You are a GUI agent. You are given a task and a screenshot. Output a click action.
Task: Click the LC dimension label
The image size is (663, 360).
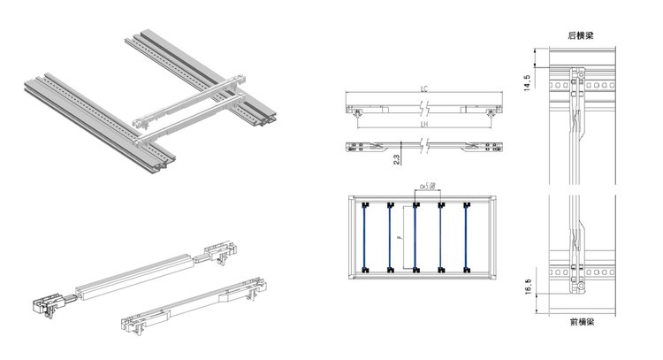coord(424,89)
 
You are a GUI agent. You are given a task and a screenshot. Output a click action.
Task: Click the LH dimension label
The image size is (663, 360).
coord(424,125)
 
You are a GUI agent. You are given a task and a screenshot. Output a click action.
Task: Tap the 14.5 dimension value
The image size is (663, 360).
coord(528,82)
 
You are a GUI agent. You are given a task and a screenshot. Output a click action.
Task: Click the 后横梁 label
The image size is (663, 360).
coord(580,35)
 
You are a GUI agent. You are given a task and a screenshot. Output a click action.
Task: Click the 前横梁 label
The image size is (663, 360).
coord(580,326)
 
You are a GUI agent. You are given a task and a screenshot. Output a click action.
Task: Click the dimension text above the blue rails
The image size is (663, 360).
coord(428,186)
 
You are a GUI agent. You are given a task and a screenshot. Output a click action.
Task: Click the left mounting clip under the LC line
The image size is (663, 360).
coord(356,112)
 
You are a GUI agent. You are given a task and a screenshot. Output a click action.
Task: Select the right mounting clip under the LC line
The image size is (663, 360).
coord(492,112)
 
